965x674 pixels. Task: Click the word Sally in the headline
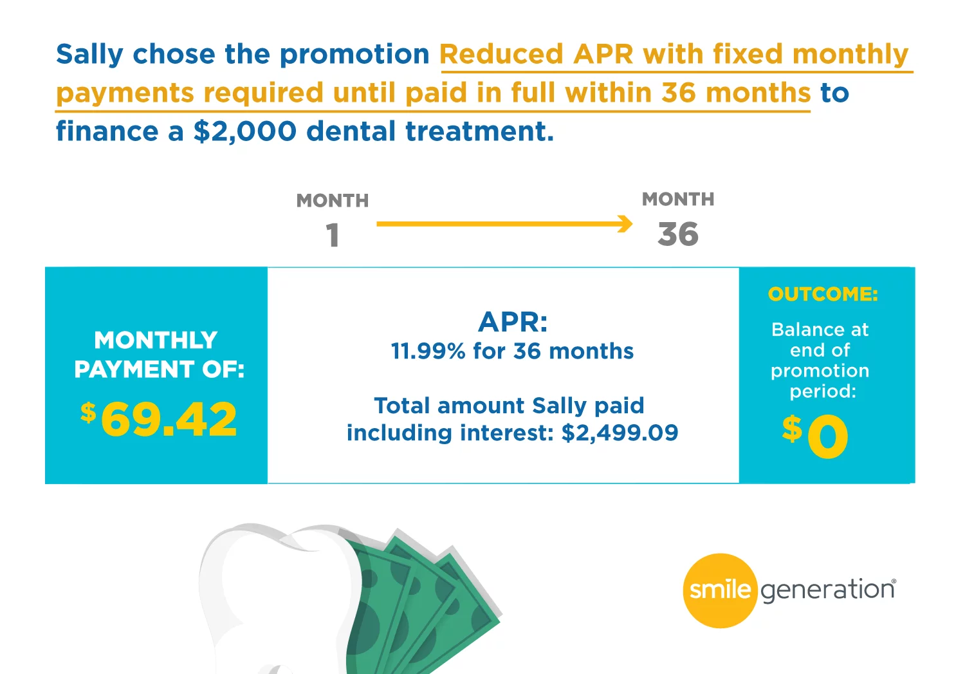(x=89, y=55)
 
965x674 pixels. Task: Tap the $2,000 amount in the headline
(x=244, y=131)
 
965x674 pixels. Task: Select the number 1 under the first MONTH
(x=333, y=236)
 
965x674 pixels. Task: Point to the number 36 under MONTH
(x=677, y=234)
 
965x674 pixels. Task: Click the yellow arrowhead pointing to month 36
(x=625, y=223)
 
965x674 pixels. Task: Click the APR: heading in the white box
(x=513, y=322)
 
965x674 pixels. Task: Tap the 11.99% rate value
(x=428, y=351)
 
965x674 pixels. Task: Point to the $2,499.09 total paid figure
(x=620, y=433)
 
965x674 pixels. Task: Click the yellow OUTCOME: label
(x=823, y=294)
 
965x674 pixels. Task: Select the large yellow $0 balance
(x=815, y=436)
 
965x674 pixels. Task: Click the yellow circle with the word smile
(x=720, y=590)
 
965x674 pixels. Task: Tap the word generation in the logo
(x=828, y=590)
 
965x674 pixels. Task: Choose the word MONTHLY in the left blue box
(x=156, y=340)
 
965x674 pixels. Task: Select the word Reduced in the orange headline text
(x=501, y=54)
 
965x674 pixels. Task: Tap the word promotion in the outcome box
(x=820, y=371)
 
